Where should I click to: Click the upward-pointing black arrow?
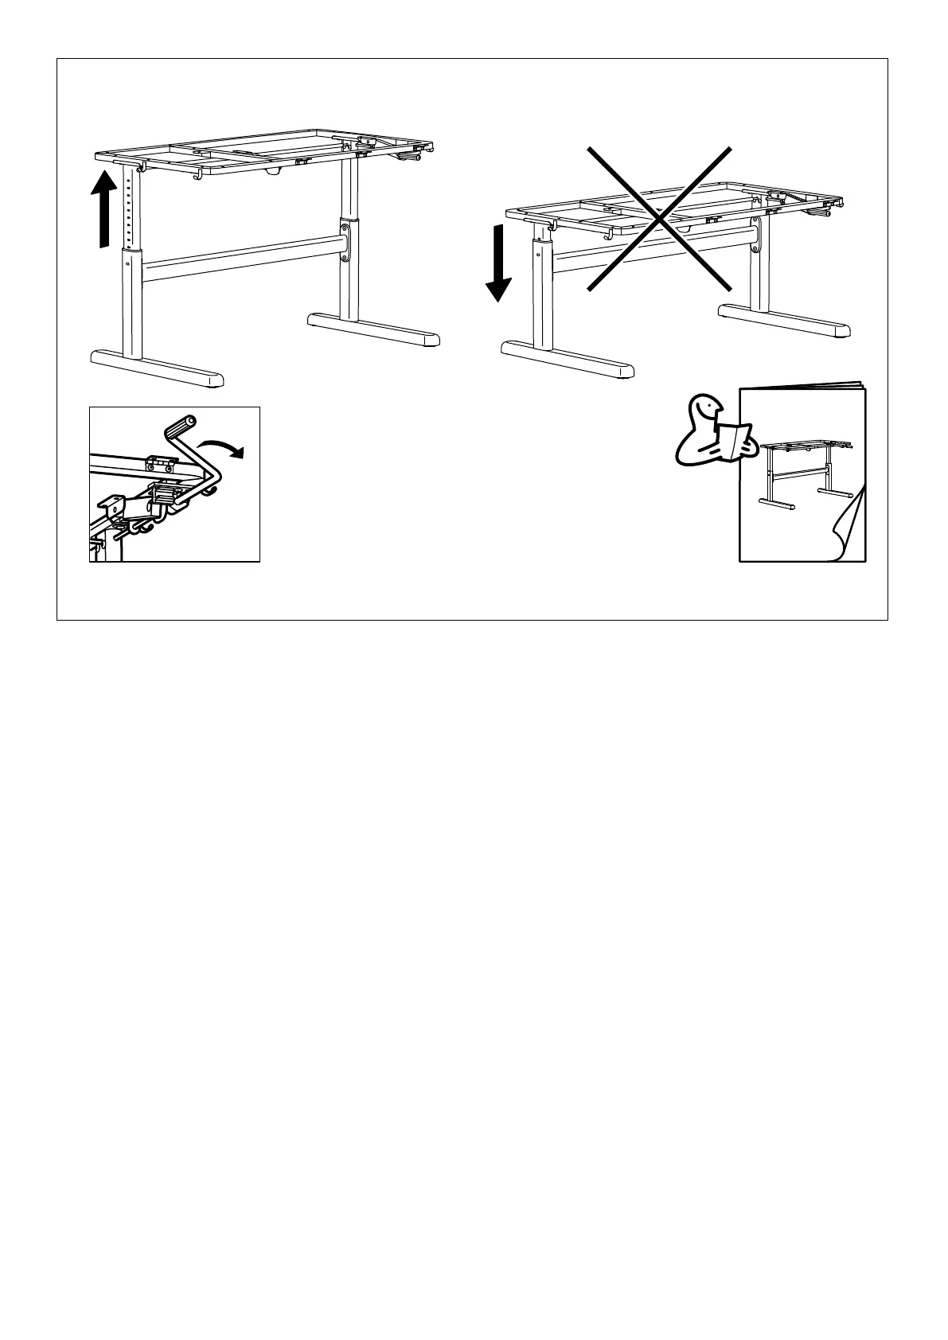click(x=101, y=208)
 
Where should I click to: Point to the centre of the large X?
click(x=659, y=218)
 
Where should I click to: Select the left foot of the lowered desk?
click(x=567, y=359)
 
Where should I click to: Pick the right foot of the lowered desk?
click(x=784, y=320)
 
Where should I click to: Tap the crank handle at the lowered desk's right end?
click(x=819, y=212)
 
